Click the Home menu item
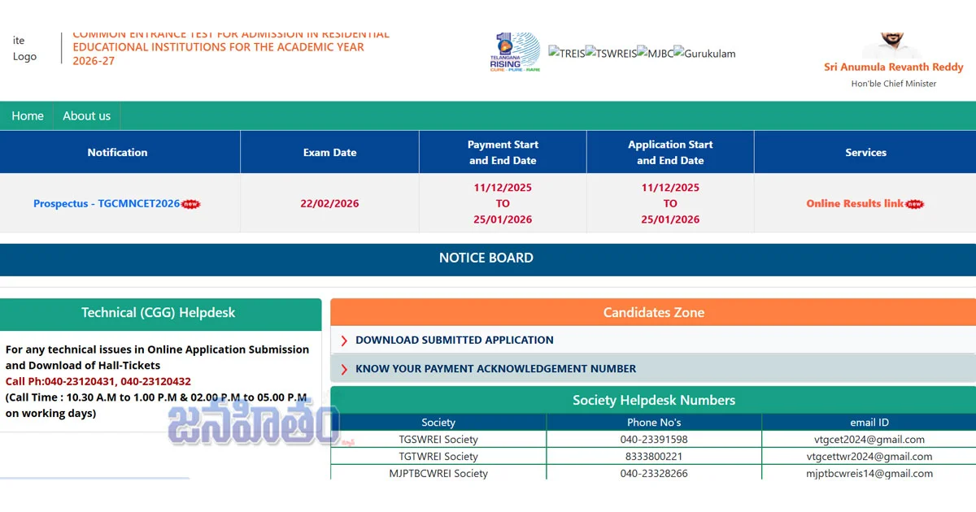click(x=28, y=115)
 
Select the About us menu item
click(x=86, y=115)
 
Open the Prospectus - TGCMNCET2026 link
click(x=107, y=203)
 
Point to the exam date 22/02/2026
click(x=329, y=203)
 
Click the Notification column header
click(x=118, y=152)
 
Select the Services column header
click(x=865, y=152)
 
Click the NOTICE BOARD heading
click(x=486, y=258)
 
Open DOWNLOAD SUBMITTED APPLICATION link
click(x=454, y=340)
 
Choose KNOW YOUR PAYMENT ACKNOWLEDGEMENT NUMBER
click(x=495, y=368)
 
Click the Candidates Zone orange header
click(x=653, y=312)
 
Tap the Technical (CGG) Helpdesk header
click(x=159, y=312)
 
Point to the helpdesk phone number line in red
click(x=98, y=381)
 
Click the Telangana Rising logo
click(x=515, y=52)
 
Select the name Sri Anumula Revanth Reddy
click(x=893, y=67)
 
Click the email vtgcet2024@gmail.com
click(x=869, y=440)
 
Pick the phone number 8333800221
click(x=654, y=457)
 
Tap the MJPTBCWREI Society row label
click(x=438, y=473)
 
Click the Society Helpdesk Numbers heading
click(x=653, y=400)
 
